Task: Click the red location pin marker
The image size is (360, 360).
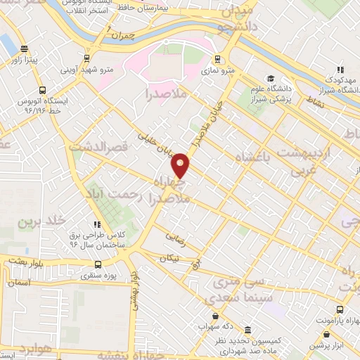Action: [181, 165]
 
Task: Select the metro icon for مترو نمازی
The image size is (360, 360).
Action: [217, 58]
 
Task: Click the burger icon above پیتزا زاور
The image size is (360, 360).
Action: [25, 49]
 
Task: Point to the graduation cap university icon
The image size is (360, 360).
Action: [271, 78]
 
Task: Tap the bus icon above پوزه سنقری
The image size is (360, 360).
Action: [97, 265]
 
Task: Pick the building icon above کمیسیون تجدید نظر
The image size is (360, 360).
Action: [247, 330]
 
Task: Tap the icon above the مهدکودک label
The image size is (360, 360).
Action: [340, 70]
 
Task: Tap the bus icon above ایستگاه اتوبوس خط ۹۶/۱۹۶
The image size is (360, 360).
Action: [44, 90]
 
